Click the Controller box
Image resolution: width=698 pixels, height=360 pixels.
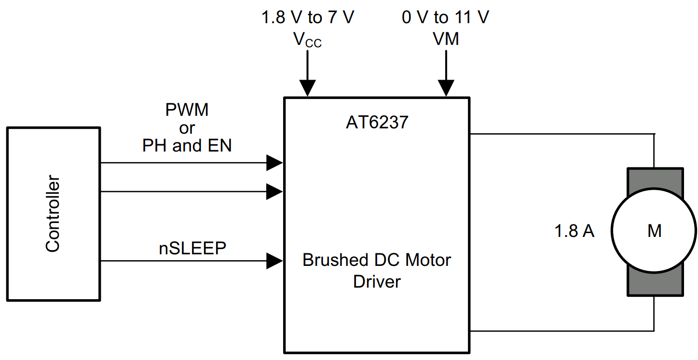click(53, 214)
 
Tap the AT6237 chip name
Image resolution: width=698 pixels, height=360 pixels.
click(377, 123)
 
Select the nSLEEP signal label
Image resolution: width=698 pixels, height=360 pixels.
click(192, 249)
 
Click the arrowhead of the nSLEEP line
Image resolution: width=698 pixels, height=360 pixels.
click(275, 261)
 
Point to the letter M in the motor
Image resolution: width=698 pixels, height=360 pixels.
click(654, 231)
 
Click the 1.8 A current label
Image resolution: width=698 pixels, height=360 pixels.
click(574, 232)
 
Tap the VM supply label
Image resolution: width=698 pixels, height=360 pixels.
click(446, 39)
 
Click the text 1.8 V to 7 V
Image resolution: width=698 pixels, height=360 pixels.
click(308, 18)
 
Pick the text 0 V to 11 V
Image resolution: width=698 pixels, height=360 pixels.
click(446, 18)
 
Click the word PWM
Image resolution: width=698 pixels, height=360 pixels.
click(187, 110)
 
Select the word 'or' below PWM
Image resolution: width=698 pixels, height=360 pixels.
click(187, 128)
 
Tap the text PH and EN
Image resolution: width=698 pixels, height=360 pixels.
click(187, 146)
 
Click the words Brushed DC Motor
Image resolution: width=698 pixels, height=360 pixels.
click(377, 260)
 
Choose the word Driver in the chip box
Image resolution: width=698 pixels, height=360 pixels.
click(377, 281)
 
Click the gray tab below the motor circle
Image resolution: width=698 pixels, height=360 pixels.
click(655, 285)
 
